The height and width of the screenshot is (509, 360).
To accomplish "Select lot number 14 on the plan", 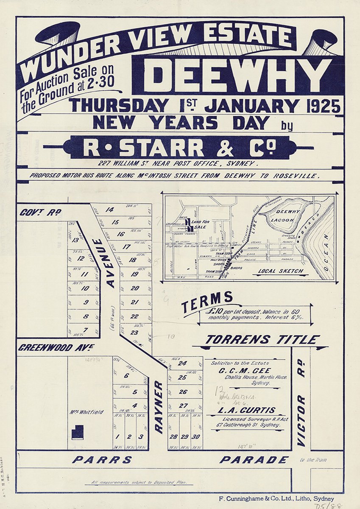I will click(110, 210).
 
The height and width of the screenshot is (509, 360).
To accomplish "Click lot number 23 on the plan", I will click(134, 333).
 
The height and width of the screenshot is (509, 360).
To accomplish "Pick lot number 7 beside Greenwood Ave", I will click(85, 330).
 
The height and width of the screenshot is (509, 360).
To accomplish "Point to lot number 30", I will click(195, 436).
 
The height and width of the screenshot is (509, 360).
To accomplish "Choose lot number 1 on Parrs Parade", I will click(118, 436).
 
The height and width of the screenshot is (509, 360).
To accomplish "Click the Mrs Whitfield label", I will click(87, 412).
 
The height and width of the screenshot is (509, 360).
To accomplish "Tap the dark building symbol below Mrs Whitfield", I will click(77, 432).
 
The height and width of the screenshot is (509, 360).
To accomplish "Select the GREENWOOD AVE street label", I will click(56, 348).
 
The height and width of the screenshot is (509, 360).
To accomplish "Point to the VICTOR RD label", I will click(301, 420).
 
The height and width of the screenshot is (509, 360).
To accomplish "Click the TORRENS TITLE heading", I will click(262, 339).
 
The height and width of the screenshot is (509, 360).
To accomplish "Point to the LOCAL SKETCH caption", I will click(278, 271).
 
